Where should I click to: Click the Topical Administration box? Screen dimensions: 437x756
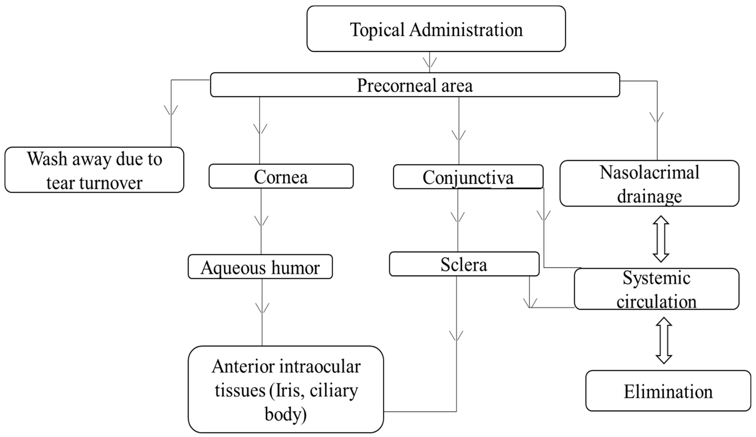tap(436, 29)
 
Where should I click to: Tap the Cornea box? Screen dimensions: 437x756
tap(281, 176)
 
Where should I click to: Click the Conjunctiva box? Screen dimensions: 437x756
tap(468, 177)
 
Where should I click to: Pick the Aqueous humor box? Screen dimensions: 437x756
tap(260, 267)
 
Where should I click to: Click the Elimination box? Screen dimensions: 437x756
tap(668, 391)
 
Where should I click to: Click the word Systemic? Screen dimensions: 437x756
tap(656, 278)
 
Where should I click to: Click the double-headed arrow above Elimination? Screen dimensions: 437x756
tap(664, 340)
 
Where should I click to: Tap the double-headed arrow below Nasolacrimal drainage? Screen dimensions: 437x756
tap(661, 239)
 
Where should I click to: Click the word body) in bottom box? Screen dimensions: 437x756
tap(285, 414)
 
